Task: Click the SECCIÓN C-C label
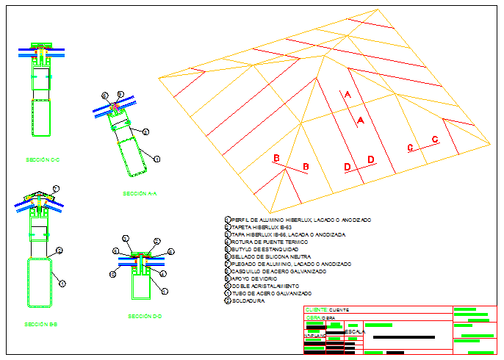42,159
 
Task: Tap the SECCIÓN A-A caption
141,194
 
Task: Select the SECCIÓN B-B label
41,324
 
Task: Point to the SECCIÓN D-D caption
145,317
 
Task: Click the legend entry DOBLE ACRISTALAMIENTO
265,286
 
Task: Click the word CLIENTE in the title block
316,310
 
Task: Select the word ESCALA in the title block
355,332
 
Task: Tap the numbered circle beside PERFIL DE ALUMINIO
227,220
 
